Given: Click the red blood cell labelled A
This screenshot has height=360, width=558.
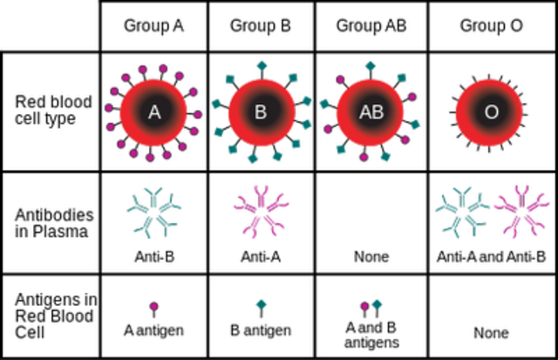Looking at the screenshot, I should pos(153,112).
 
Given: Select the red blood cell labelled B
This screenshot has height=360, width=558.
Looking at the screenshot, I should pos(261,112).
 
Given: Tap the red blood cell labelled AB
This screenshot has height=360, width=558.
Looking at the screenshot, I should pos(371,112).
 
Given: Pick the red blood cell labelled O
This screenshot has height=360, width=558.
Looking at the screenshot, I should pos(489,112).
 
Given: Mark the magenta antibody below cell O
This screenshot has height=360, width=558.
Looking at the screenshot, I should pos(521,210).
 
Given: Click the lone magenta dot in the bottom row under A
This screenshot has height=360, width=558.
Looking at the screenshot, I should pos(153,306).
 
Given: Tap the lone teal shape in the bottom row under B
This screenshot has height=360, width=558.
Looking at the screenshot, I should pos(262,303).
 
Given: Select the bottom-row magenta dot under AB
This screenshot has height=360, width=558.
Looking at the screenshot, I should pos(364,306).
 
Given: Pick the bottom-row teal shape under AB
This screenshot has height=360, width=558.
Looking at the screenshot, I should pos(378,303).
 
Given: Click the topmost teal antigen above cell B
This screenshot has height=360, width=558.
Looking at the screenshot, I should pos(262,65).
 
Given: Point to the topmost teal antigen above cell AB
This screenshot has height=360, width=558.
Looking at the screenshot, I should pos(371,65).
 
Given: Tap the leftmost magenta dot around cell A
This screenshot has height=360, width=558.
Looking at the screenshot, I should pos(108,108).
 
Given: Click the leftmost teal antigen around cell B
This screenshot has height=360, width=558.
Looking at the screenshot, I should pos(216,105).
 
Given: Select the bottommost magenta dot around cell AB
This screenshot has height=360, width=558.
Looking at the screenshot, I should pos(364,158).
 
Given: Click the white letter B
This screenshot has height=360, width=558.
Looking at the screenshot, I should pos(261,112).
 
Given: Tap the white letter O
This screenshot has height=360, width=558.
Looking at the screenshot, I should pos(491,112).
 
